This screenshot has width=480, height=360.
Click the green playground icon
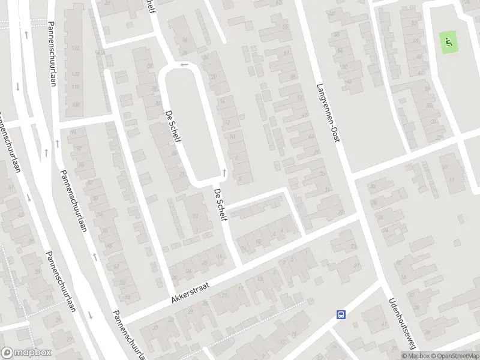(x=448, y=42)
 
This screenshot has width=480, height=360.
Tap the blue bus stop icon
(x=341, y=314)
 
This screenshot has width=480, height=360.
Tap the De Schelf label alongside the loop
(x=173, y=126)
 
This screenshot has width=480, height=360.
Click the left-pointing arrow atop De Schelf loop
(x=184, y=64)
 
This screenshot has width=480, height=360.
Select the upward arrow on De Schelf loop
(x=224, y=173)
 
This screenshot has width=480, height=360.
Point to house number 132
(x=76, y=48)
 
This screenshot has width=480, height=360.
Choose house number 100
(x=75, y=104)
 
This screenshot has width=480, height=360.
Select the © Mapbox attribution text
(x=414, y=356)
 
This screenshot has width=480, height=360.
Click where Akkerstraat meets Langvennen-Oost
(x=359, y=214)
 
